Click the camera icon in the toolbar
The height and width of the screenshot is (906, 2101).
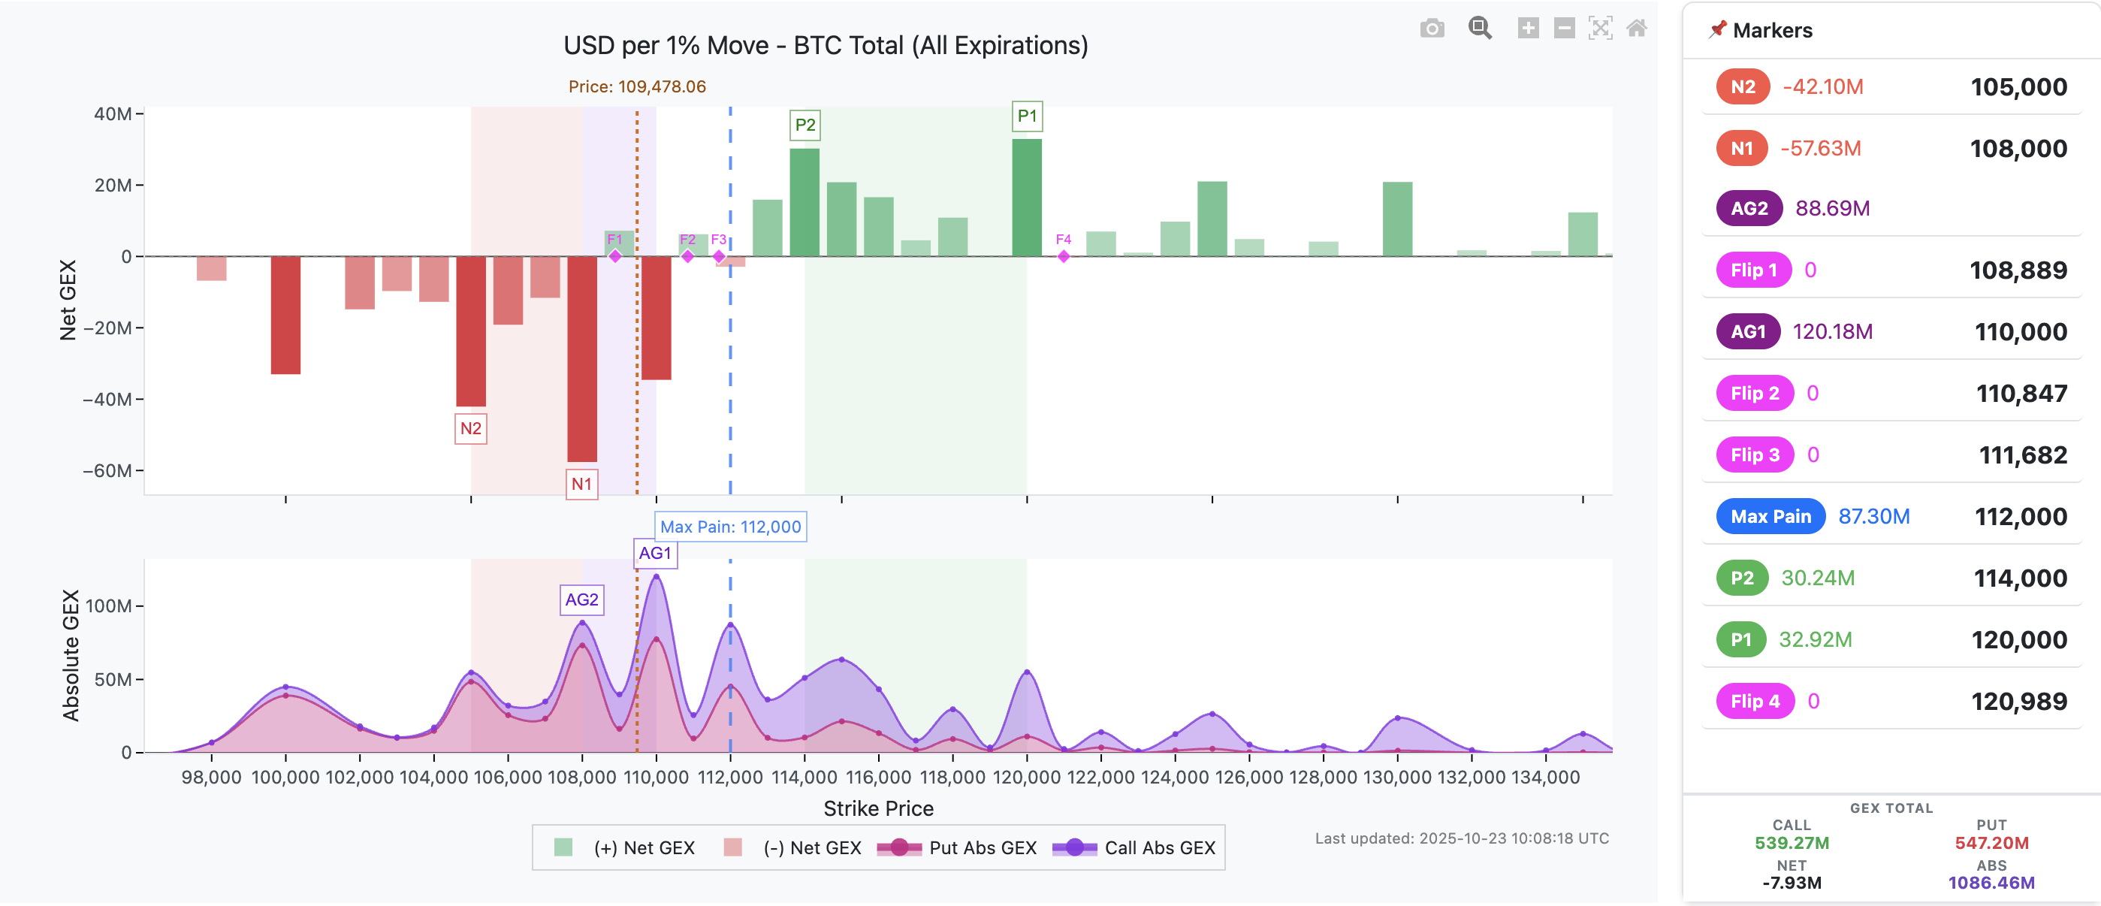[1432, 29]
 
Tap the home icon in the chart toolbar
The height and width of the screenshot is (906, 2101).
[1636, 29]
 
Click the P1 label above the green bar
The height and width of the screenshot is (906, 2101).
[1027, 116]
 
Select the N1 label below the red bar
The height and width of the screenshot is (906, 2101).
[581, 484]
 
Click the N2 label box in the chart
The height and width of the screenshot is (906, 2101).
[471, 428]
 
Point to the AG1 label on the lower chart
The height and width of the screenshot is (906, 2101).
[655, 553]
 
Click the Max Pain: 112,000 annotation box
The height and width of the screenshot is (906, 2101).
[730, 527]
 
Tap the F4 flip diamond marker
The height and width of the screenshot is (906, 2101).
[1064, 256]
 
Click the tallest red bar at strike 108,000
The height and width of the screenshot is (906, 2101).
[581, 359]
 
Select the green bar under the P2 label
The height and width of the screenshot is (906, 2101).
[804, 202]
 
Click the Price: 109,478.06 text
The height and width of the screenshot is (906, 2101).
[637, 86]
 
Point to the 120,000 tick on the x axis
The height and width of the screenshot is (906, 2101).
[1026, 777]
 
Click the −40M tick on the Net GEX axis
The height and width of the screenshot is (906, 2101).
[107, 400]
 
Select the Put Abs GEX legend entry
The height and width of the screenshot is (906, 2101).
[957, 847]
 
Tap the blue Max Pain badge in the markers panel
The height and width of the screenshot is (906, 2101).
[1770, 516]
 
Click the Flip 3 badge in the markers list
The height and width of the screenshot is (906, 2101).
[1755, 455]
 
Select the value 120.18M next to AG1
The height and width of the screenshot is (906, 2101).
[1832, 332]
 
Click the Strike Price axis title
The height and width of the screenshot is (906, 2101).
[877, 808]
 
